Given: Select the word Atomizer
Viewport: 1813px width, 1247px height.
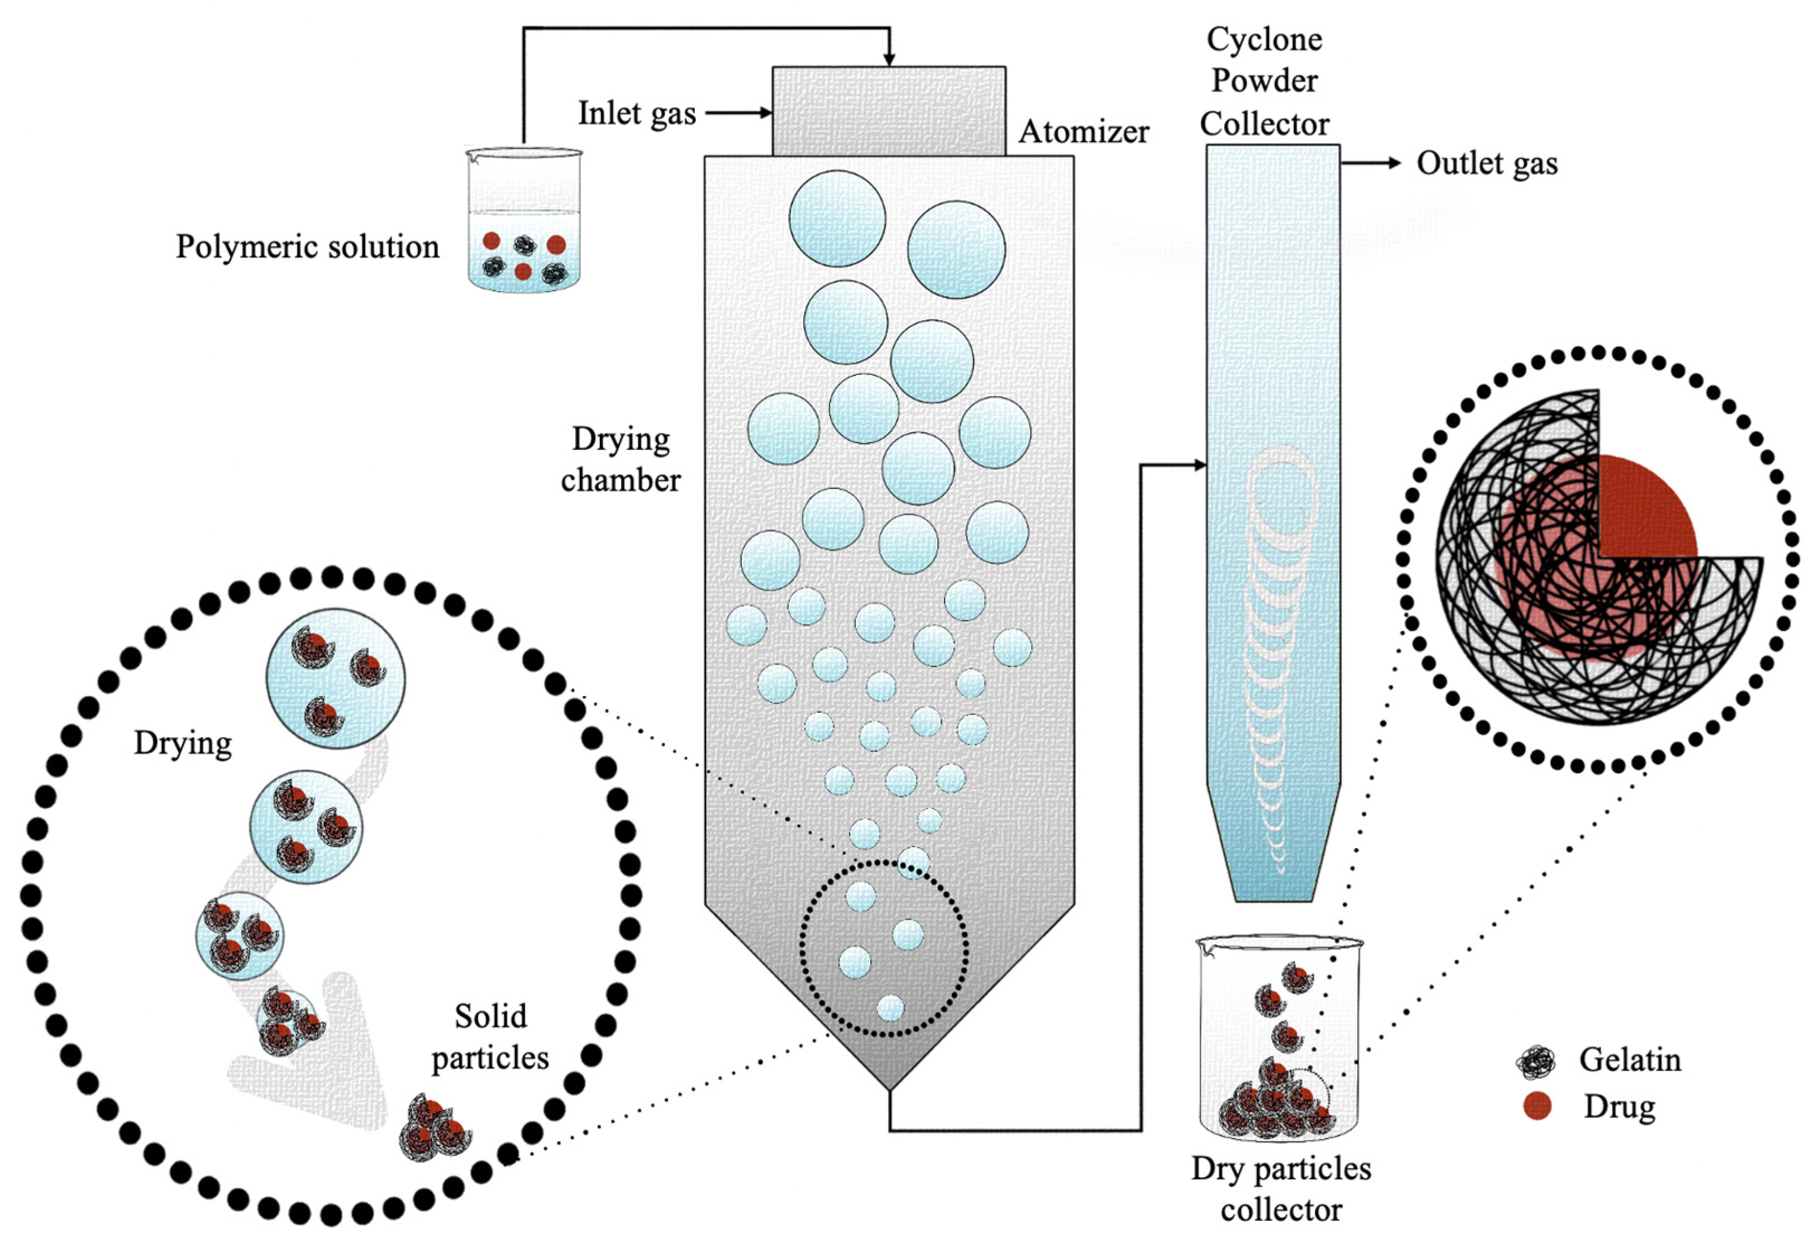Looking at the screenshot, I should [x=1084, y=132].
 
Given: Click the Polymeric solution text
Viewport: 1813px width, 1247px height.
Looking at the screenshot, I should [x=307, y=247].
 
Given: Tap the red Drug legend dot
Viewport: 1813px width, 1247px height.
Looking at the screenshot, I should [x=1537, y=1106].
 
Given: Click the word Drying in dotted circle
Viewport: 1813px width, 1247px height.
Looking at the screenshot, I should [x=183, y=743].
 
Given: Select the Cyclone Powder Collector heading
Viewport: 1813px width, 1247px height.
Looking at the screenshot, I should [x=1264, y=81].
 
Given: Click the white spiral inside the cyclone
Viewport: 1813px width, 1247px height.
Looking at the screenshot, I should [x=1277, y=625].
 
